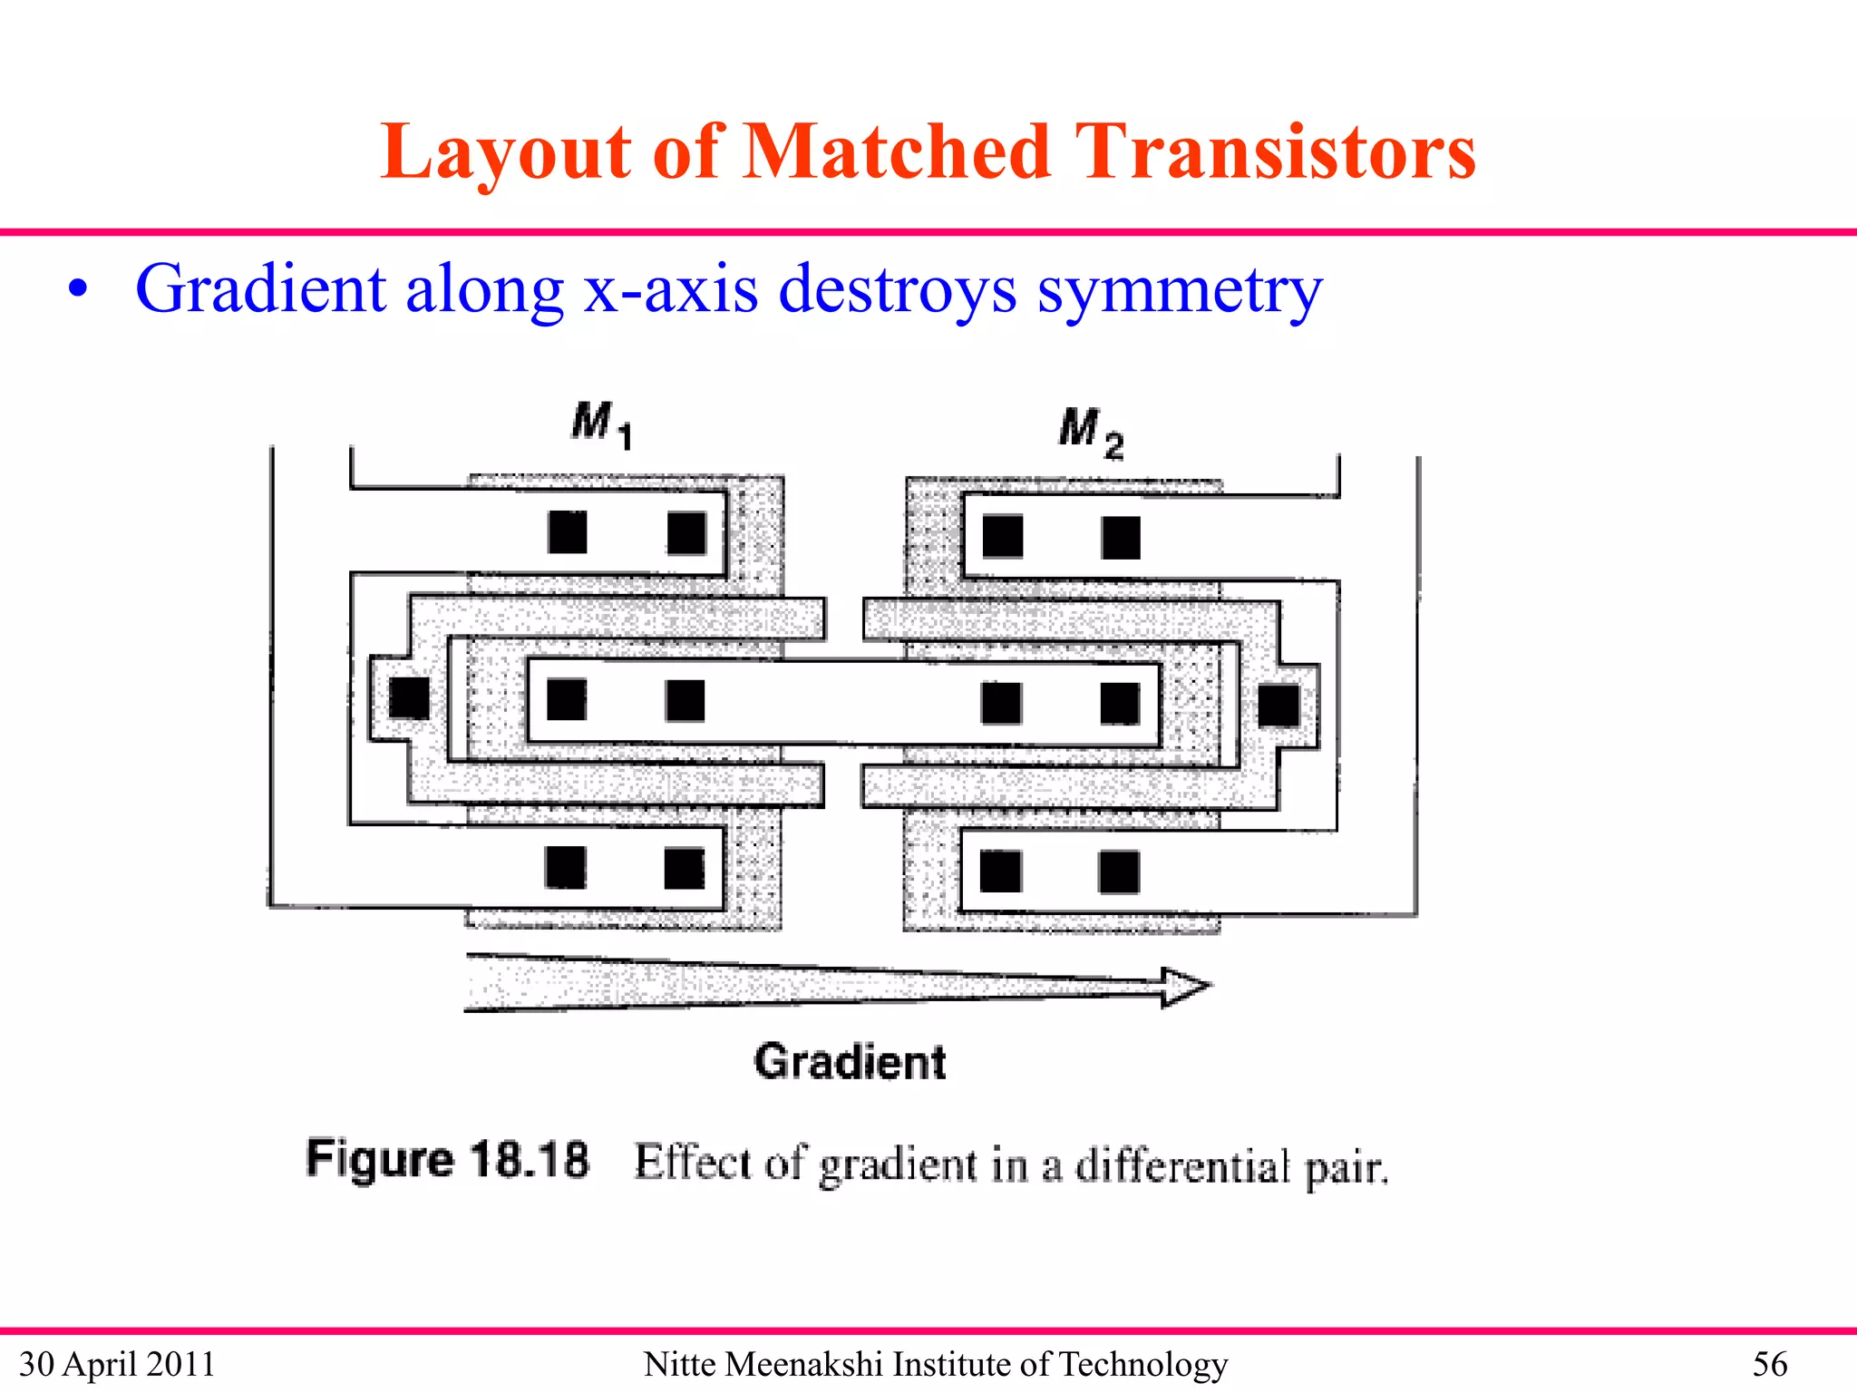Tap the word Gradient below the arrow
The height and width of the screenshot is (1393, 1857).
850,1061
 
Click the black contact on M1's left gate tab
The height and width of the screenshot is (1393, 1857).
409,697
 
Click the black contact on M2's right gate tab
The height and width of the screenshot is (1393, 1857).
1279,706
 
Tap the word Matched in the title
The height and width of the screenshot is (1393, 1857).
897,152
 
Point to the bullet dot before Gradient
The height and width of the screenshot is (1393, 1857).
80,290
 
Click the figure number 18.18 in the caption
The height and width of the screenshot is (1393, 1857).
530,1159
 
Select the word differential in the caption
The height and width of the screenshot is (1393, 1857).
1181,1166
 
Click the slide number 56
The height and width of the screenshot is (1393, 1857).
1769,1364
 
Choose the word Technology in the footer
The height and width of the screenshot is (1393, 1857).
1143,1364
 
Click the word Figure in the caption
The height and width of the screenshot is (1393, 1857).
380,1159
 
